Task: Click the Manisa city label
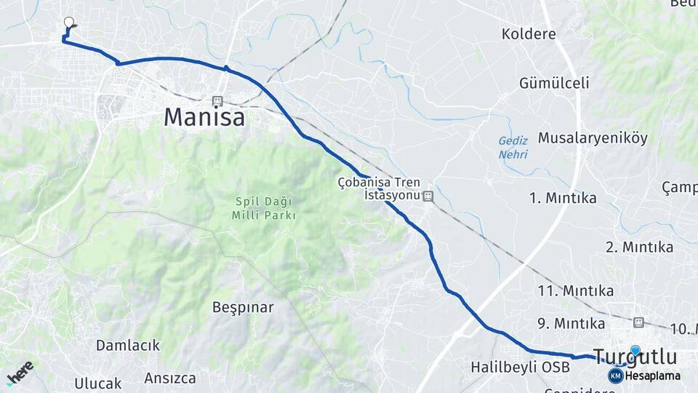click(204, 117)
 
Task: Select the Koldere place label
click(529, 34)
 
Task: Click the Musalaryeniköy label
click(593, 138)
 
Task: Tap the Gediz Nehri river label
click(513, 148)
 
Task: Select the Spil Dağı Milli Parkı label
click(264, 208)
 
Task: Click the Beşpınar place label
click(243, 307)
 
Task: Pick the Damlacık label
click(127, 345)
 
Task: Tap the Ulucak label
click(98, 382)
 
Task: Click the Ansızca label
click(170, 378)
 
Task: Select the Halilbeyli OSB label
click(520, 367)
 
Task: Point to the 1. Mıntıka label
click(563, 198)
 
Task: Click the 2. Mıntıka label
click(639, 247)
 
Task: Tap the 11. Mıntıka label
click(575, 291)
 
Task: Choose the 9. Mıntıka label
click(571, 323)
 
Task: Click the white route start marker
click(69, 23)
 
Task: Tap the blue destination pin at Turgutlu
click(636, 351)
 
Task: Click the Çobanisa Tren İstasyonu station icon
click(428, 196)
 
